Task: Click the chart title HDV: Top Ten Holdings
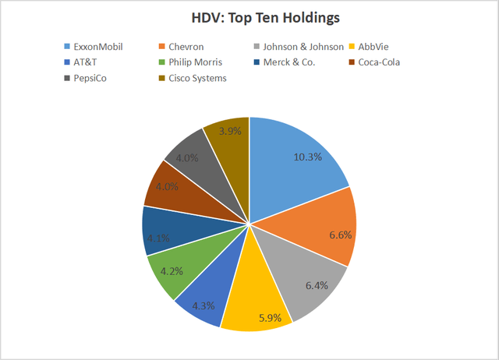point(249,16)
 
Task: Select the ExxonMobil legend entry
point(101,46)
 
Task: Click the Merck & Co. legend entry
point(292,62)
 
